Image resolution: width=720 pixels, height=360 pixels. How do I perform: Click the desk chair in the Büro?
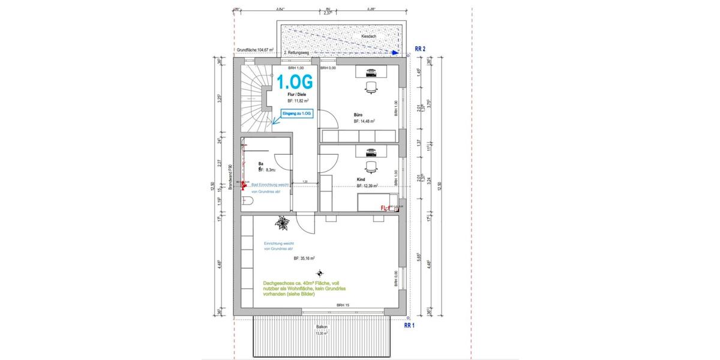coord(371,88)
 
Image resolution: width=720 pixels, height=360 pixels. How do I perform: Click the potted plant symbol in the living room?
coord(281,224)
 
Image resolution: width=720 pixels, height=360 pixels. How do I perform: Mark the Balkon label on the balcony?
coord(322,327)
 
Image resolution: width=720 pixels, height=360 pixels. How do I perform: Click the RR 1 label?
coord(410,326)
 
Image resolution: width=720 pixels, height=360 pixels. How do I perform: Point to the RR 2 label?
coord(420,49)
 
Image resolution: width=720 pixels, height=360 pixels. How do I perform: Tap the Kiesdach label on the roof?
coord(368,37)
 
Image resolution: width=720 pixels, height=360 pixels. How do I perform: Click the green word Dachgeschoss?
coord(277,283)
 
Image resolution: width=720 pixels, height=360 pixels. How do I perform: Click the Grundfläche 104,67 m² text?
coord(255,50)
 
